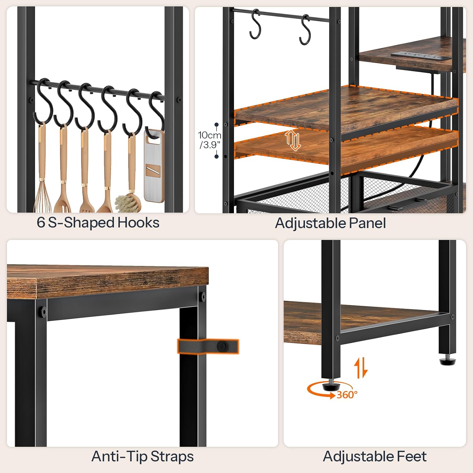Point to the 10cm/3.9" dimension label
209,140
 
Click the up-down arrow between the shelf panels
293,140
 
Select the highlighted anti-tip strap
208,347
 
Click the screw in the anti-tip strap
223,347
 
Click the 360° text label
347,394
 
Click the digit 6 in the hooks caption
41,223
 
